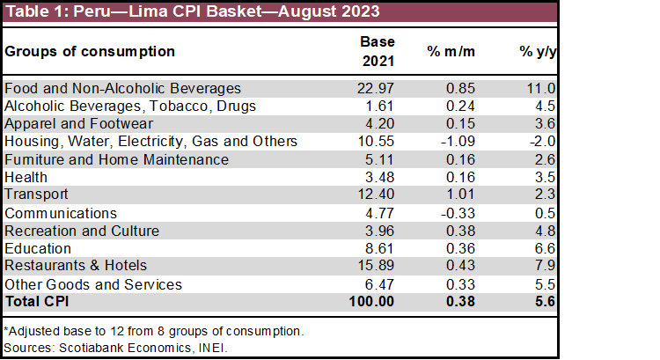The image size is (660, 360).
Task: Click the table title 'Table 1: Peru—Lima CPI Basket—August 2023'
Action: pyautogui.click(x=193, y=12)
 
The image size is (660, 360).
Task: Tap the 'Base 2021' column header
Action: pyautogui.click(x=378, y=51)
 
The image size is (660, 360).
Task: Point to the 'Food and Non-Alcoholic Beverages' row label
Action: pyautogui.click(x=122, y=88)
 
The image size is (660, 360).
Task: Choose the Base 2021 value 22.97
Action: pyautogui.click(x=378, y=88)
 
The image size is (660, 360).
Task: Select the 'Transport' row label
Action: pyautogui.click(x=37, y=194)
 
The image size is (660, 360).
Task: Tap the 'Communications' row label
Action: pyautogui.click(x=60, y=213)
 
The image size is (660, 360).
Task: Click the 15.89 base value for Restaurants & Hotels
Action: pyautogui.click(x=378, y=265)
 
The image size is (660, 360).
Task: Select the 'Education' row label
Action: pyautogui.click(x=39, y=249)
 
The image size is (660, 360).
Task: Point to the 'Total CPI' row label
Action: pyautogui.click(x=38, y=301)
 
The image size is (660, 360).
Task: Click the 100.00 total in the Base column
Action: pyautogui.click(x=374, y=301)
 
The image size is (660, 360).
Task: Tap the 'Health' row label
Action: pyautogui.click(x=26, y=177)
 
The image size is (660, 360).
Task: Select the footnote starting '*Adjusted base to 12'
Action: pyautogui.click(x=154, y=331)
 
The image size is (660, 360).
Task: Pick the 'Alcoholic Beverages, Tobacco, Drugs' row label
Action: pyautogui.click(x=130, y=106)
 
